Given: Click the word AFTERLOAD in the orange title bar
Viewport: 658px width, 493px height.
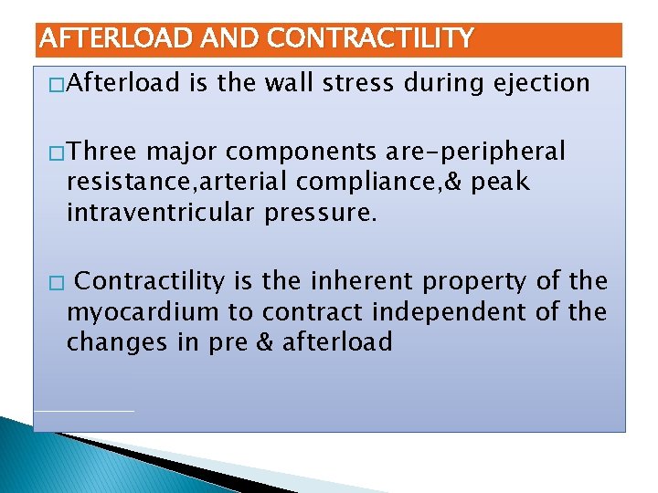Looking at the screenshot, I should [105, 38].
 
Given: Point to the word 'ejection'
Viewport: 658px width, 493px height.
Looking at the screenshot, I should [542, 84].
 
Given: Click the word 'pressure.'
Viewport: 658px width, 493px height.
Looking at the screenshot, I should [325, 215].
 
